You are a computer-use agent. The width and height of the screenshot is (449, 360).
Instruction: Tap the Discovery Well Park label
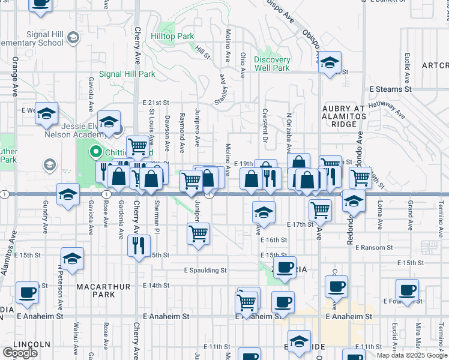click(x=272, y=64)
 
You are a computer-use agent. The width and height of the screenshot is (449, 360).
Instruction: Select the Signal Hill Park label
click(x=127, y=74)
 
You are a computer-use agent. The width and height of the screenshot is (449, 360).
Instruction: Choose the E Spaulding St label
click(x=205, y=271)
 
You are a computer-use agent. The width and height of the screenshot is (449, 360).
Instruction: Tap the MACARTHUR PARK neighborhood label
click(x=104, y=292)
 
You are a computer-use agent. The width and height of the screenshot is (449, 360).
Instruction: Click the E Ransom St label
click(x=373, y=247)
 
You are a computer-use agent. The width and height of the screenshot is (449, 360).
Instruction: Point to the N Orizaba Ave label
click(x=289, y=133)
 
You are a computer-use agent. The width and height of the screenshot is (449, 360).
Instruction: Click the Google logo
click(x=20, y=353)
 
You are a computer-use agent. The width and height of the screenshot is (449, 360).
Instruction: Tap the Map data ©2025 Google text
click(x=412, y=355)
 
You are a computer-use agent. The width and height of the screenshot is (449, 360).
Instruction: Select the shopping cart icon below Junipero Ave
click(x=198, y=233)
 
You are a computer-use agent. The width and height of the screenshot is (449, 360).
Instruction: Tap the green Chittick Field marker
click(x=94, y=152)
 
